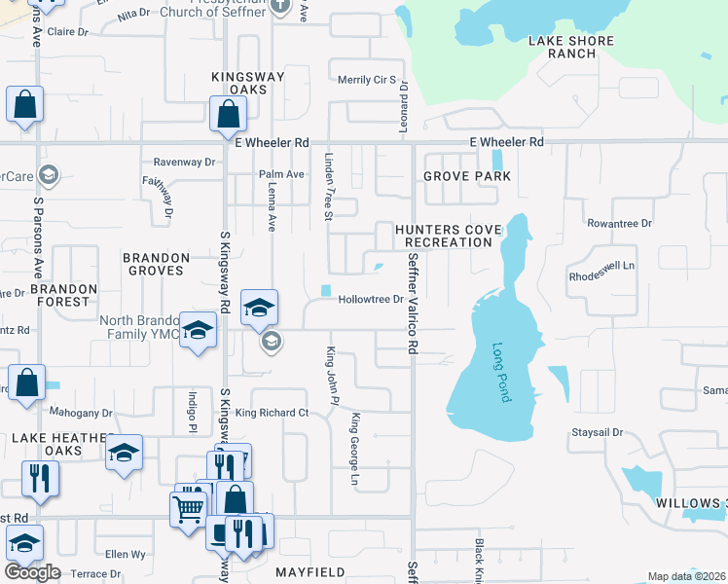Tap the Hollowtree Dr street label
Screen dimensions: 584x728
pos(370,300)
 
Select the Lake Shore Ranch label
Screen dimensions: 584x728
pos(571,47)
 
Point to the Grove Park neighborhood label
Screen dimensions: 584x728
pos(466,176)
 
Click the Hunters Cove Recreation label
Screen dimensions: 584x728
pos(448,236)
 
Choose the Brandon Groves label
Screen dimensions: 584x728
pos(156,264)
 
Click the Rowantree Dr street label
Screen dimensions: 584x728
pos(619,224)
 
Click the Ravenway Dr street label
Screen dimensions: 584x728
pos(184,163)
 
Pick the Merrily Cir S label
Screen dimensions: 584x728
pos(366,80)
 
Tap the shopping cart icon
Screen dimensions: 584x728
pos(188,507)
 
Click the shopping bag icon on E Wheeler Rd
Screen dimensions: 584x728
pos(227,113)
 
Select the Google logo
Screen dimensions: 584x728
pos(32,572)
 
